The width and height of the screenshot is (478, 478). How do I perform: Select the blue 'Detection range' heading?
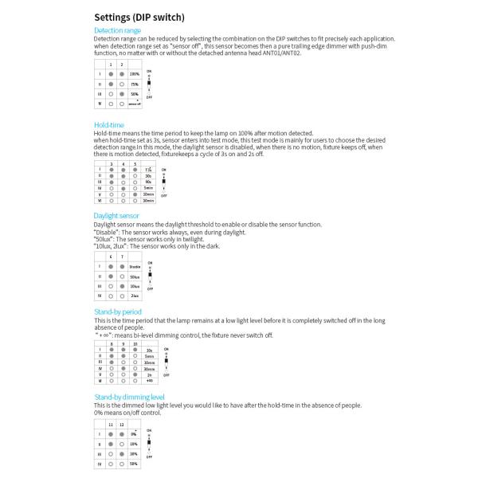coord(117,31)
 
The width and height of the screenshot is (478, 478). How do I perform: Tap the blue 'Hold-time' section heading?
coord(109,125)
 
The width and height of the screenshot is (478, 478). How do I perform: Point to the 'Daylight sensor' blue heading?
coord(116,215)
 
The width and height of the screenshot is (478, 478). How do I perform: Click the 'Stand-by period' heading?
coord(118,311)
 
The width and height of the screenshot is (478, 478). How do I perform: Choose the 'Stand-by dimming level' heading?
coord(130,396)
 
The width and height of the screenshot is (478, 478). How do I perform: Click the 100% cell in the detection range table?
coord(134,74)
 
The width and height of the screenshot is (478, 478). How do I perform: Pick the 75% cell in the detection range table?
coord(134,84)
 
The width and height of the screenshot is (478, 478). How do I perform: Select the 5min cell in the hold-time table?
coord(148,187)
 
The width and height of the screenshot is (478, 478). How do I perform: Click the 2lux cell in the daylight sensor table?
coord(135,296)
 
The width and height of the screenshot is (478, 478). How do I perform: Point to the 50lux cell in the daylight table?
coord(135,276)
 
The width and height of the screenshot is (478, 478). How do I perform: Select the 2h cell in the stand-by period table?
coord(149,374)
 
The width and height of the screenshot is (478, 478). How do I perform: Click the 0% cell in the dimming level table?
coord(134,433)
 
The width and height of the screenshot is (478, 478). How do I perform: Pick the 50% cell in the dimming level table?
coord(134,463)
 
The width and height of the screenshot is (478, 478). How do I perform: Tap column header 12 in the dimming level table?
coord(122,425)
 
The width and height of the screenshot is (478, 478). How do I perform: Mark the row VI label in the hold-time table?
coord(100,200)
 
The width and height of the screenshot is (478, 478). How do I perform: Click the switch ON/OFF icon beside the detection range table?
coord(150,84)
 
